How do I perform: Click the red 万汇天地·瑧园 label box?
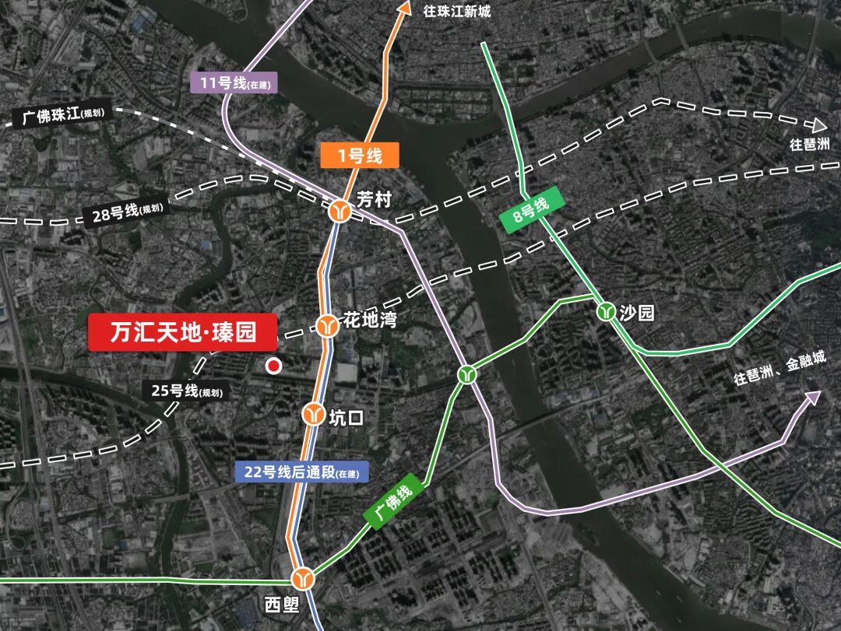183,333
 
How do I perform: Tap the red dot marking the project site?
273,365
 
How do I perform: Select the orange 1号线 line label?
360,156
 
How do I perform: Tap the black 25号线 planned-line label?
187,390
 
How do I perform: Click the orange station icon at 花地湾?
325,325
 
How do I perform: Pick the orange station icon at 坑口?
314,413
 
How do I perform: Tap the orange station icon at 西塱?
302,578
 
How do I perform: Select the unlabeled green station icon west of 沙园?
467,374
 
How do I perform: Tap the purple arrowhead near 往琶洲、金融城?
812,398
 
